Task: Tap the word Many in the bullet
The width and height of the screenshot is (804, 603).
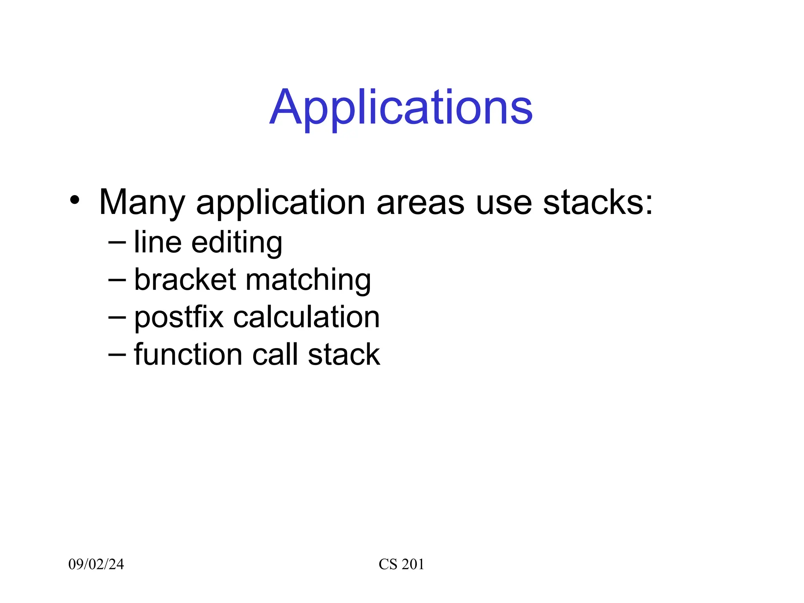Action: [142, 203]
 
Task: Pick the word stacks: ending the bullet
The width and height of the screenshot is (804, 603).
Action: [598, 203]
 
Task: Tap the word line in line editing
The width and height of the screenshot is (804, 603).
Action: [157, 242]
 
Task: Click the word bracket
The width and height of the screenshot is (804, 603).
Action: [185, 280]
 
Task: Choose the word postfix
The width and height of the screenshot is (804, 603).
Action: [179, 318]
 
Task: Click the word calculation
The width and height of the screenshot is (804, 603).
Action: [306, 317]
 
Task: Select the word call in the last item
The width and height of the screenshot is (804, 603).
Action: [275, 354]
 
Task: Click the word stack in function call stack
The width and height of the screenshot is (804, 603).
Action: [344, 355]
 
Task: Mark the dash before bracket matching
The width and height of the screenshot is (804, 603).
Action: [117, 280]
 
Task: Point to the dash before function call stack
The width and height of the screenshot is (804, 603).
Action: [117, 355]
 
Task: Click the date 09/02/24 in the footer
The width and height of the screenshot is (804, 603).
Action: [96, 564]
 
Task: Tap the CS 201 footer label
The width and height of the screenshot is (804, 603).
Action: [401, 564]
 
